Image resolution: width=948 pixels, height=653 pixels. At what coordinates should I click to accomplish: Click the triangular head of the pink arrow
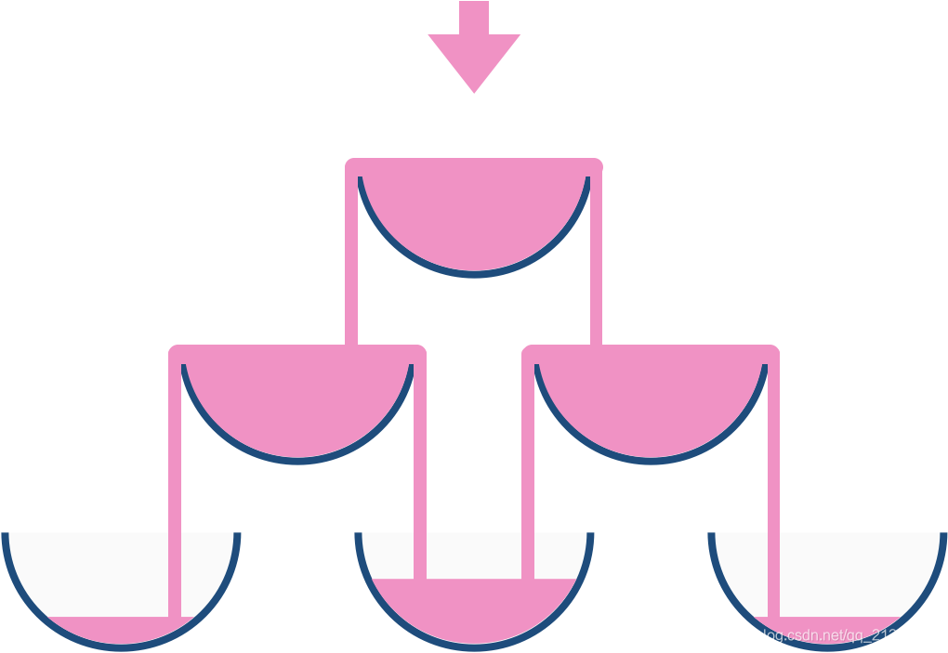click(x=474, y=60)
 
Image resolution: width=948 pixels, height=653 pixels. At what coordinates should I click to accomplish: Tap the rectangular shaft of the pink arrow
click(x=474, y=18)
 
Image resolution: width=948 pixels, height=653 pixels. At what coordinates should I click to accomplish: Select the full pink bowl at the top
click(x=474, y=214)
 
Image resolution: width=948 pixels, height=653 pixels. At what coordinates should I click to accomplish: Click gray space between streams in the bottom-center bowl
click(x=474, y=555)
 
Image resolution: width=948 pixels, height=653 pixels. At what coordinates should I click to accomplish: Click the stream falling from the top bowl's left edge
click(x=351, y=260)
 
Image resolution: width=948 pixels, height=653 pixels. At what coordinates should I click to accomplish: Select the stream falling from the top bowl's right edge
click(x=597, y=260)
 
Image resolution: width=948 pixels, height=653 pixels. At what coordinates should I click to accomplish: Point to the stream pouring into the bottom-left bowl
click(x=175, y=483)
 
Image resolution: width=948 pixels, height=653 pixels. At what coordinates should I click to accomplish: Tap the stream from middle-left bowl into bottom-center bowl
click(x=420, y=483)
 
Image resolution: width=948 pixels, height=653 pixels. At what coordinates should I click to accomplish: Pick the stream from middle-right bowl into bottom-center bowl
click(x=528, y=483)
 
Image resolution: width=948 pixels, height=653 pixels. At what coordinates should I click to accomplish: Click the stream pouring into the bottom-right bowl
click(x=773, y=483)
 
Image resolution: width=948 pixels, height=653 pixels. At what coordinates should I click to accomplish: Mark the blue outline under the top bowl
click(x=474, y=273)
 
